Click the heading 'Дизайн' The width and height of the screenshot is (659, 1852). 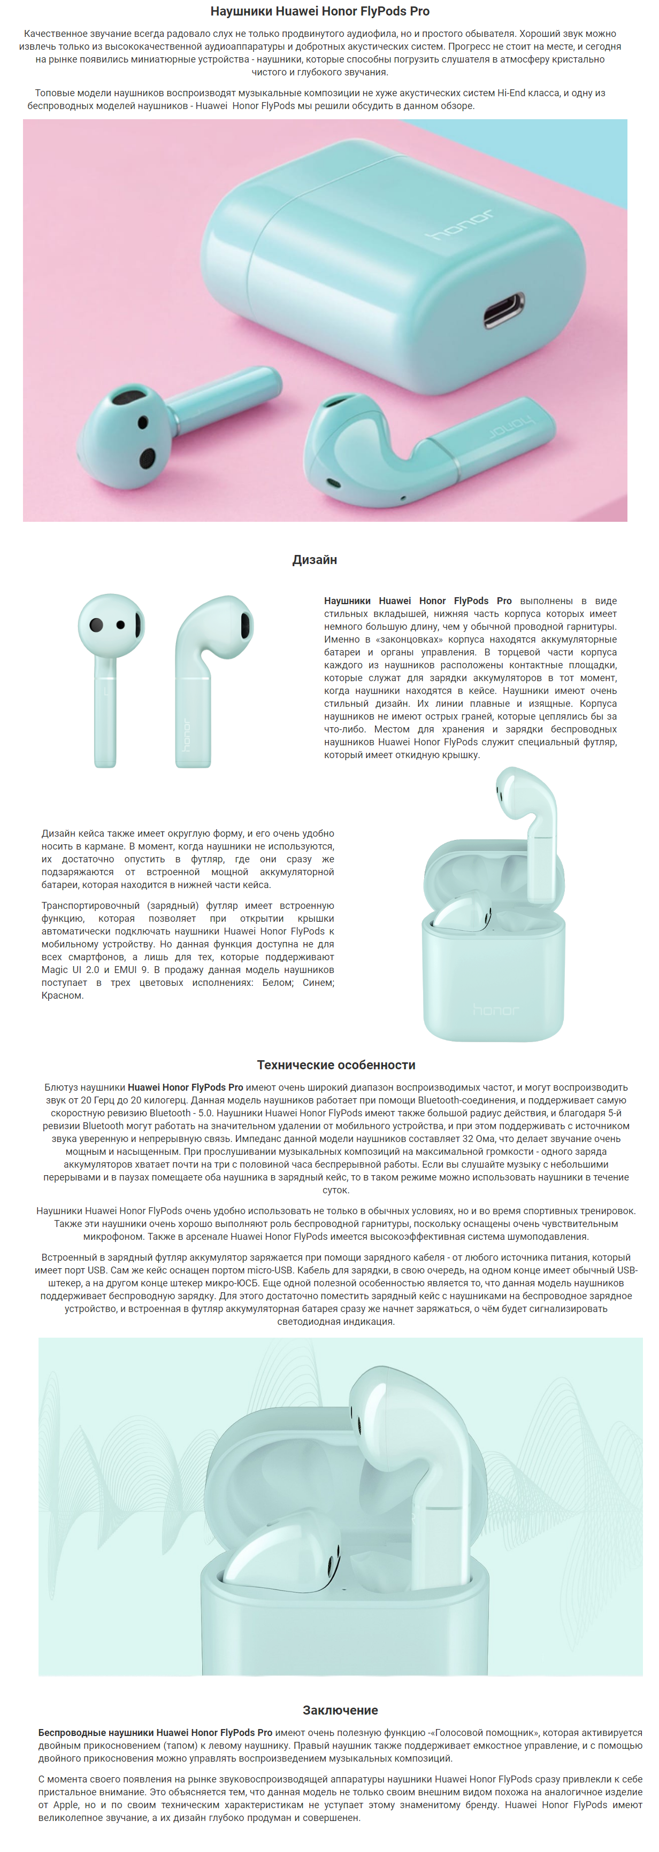point(315,559)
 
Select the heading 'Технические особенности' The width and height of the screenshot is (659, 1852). point(336,1065)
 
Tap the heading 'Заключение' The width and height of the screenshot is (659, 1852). point(340,1710)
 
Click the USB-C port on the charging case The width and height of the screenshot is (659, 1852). point(503,311)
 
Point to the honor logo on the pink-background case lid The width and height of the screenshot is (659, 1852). point(461,225)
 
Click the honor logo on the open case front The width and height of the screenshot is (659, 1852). point(494,1010)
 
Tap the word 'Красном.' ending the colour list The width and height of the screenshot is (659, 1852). point(63,996)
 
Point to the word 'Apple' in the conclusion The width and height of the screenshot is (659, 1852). point(67,1804)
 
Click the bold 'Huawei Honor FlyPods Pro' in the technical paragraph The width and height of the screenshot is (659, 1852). point(186,1087)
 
